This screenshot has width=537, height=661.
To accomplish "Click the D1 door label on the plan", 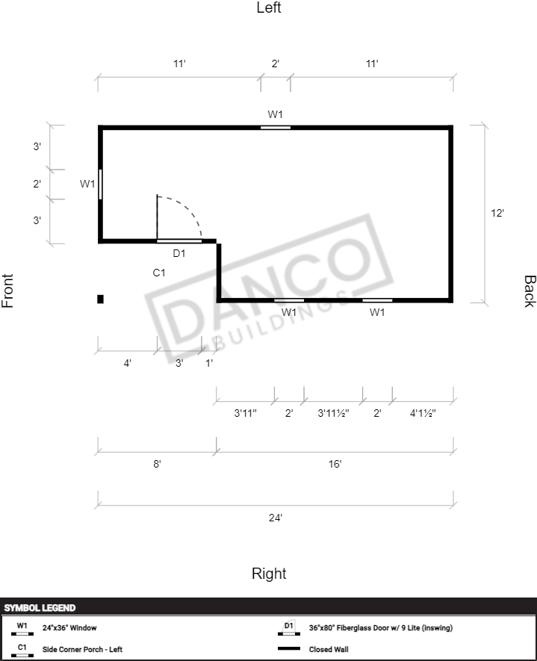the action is pyautogui.click(x=179, y=253).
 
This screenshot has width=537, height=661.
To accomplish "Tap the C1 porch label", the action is pyautogui.click(x=159, y=273).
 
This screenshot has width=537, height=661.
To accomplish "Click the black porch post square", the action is pyautogui.click(x=100, y=299).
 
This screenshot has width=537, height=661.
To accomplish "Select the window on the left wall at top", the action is pyautogui.click(x=276, y=127).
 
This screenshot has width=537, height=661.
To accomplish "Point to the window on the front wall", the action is pyautogui.click(x=100, y=184).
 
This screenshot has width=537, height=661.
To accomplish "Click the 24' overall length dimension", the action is pyautogui.click(x=276, y=518).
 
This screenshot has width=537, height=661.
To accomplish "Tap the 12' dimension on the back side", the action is pyautogui.click(x=497, y=213).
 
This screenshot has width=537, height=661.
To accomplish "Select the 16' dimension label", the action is pyautogui.click(x=335, y=464).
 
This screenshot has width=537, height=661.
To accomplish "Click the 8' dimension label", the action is pyautogui.click(x=158, y=464).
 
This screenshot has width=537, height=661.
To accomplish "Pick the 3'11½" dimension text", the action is pyautogui.click(x=333, y=413).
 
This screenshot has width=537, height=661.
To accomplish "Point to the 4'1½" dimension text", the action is pyautogui.click(x=423, y=413).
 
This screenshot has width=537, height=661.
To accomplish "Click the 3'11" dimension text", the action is pyautogui.click(x=245, y=413).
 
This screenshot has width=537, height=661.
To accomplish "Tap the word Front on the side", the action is pyautogui.click(x=7, y=291).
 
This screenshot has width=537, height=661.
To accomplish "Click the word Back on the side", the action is pyautogui.click(x=530, y=291).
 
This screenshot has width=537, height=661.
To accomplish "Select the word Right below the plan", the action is pyautogui.click(x=269, y=574).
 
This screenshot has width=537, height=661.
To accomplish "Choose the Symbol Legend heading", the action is pyautogui.click(x=40, y=608).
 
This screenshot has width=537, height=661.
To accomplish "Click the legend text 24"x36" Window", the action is pyautogui.click(x=69, y=627).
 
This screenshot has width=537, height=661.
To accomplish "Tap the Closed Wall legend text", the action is pyautogui.click(x=329, y=649).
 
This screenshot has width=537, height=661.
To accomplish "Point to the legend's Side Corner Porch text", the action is pyautogui.click(x=82, y=649).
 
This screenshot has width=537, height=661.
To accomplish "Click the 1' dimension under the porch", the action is pyautogui.click(x=209, y=363).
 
